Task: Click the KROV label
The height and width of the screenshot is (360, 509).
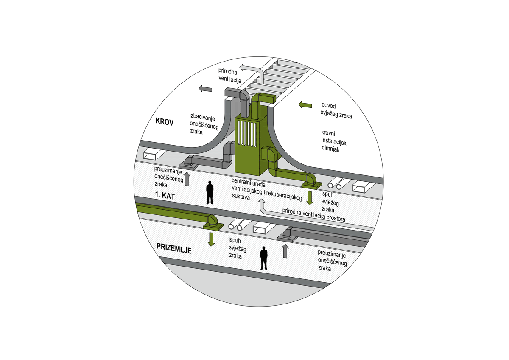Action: (165, 121)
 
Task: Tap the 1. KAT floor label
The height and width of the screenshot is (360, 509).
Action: (165, 196)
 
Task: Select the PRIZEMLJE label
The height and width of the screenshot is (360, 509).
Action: (174, 248)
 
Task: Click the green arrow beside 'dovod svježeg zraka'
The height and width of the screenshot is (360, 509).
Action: (305, 105)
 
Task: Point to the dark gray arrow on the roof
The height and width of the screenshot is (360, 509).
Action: (205, 88)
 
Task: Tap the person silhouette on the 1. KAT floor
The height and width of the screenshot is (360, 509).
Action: (210, 193)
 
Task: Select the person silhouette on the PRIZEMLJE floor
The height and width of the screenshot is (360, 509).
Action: (264, 258)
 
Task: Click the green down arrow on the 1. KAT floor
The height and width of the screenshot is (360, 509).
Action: (310, 198)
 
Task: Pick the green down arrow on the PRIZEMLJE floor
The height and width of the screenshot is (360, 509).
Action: (211, 239)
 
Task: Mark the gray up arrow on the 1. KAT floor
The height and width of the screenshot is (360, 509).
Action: (187, 179)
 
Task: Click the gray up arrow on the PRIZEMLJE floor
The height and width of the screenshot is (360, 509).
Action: (285, 251)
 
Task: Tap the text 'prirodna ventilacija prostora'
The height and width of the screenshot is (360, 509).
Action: (314, 215)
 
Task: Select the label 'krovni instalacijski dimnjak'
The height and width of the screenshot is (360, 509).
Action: (334, 141)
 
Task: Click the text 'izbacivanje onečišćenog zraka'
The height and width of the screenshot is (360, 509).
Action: (204, 124)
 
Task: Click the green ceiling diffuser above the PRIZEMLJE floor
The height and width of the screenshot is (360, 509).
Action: (213, 227)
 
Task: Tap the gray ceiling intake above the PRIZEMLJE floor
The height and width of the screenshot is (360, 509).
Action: (288, 238)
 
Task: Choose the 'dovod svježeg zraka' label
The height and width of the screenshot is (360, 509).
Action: (336, 111)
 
